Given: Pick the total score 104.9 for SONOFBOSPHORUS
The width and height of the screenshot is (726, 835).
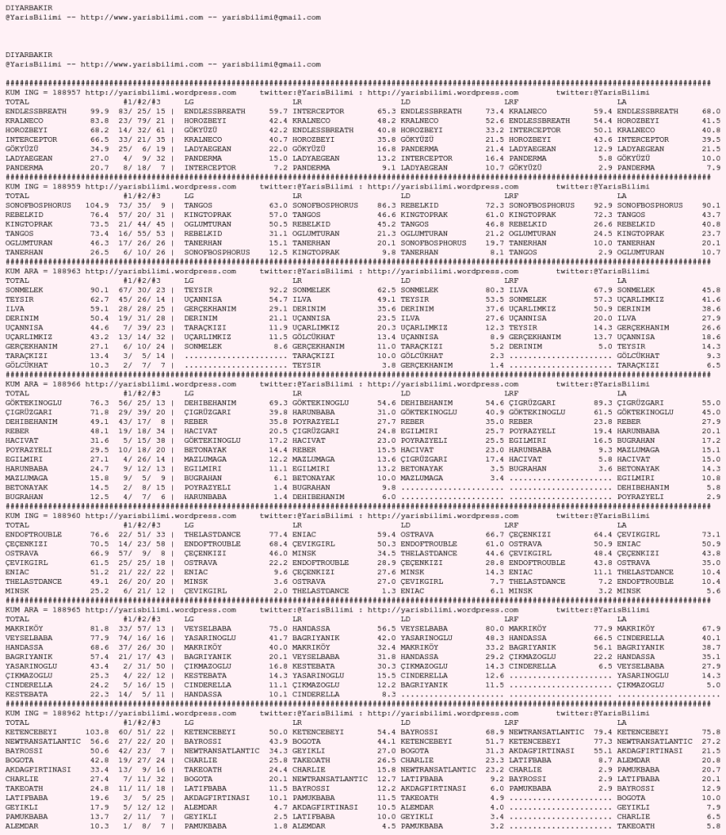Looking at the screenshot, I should (x=98, y=205).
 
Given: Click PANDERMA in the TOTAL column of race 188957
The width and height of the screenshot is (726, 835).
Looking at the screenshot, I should (x=24, y=167).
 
